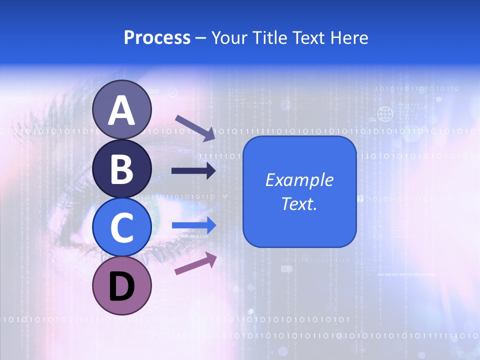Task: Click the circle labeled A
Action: tap(122, 110)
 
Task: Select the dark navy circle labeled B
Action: tap(122, 168)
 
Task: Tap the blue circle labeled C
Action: tap(122, 227)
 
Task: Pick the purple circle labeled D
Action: tap(122, 285)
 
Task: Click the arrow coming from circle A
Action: tap(195, 127)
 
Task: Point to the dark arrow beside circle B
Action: tap(194, 171)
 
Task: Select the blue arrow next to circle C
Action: tap(194, 225)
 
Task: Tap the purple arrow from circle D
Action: tap(195, 263)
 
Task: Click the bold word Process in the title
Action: tap(157, 38)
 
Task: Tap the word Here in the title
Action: tap(349, 38)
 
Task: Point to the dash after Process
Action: tap(201, 38)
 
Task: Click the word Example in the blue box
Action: tap(299, 180)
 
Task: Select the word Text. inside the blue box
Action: tap(299, 203)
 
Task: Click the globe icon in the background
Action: tap(385, 114)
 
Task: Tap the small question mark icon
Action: tap(360, 198)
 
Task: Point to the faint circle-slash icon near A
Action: tap(173, 92)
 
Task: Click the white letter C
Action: tap(122, 227)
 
